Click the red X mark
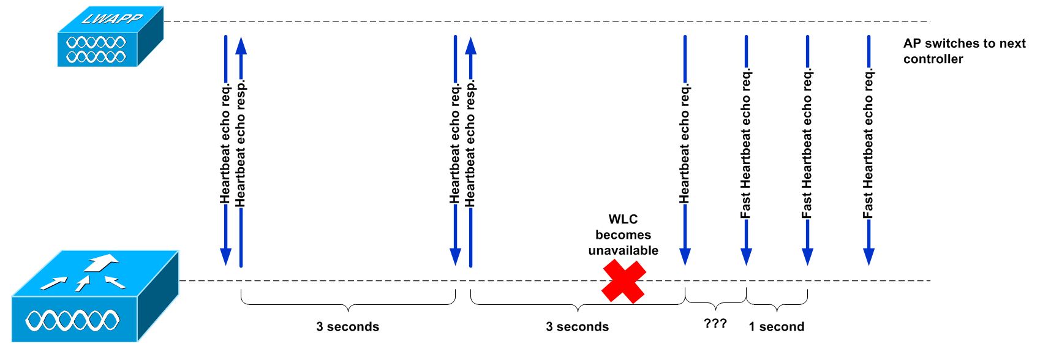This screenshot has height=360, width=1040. pyautogui.click(x=624, y=282)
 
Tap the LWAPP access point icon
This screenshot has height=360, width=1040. pyautogui.click(x=110, y=37)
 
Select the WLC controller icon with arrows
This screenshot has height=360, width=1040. pyautogui.click(x=95, y=296)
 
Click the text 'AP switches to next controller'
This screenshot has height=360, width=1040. pyautogui.click(x=964, y=51)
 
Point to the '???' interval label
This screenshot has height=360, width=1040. pyautogui.click(x=715, y=323)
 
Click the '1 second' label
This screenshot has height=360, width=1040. pyautogui.click(x=776, y=326)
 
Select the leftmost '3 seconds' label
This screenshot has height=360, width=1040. pyautogui.click(x=348, y=326)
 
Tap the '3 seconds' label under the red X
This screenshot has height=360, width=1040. pyautogui.click(x=577, y=326)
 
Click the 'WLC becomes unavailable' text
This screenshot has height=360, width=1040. pyautogui.click(x=623, y=234)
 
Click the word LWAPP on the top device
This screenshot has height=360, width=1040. pyautogui.click(x=112, y=18)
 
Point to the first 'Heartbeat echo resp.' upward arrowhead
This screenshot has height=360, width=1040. pyautogui.click(x=241, y=46)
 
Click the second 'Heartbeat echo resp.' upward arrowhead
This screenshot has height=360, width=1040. pyautogui.click(x=471, y=46)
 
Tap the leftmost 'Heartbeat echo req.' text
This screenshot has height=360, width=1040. pyautogui.click(x=225, y=143)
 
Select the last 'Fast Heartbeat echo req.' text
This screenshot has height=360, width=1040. pyautogui.click(x=869, y=143)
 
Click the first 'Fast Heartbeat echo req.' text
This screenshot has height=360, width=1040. pyautogui.click(x=745, y=143)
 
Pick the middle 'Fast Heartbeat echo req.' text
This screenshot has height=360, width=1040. pyautogui.click(x=807, y=143)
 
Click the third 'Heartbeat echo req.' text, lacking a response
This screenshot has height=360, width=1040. pyautogui.click(x=685, y=143)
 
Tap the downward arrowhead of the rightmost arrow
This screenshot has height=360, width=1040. pyautogui.click(x=869, y=257)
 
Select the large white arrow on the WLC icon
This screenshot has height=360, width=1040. pyautogui.click(x=101, y=262)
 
